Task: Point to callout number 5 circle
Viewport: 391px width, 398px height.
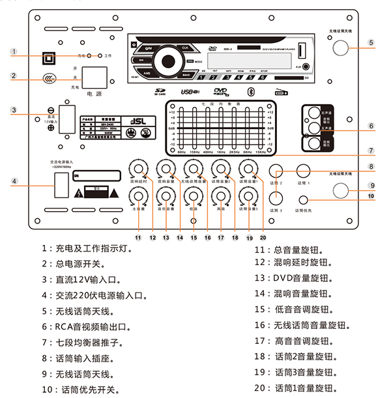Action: [x=370, y=44]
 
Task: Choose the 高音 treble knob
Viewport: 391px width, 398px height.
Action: [x=220, y=196]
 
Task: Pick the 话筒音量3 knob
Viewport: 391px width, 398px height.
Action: [x=247, y=196]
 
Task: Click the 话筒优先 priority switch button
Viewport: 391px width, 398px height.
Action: [x=303, y=199]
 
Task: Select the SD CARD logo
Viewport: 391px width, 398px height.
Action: [x=160, y=92]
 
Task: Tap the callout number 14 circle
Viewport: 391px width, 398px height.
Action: [x=179, y=238]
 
